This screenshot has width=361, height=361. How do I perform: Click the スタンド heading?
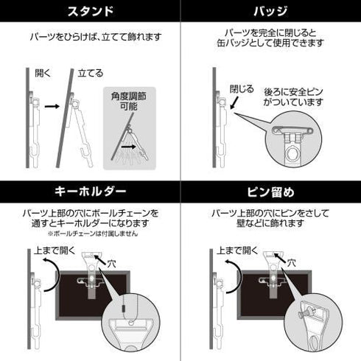coord(89,13)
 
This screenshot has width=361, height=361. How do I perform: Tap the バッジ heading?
coord(270,13)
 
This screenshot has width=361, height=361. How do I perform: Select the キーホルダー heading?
coord(89,192)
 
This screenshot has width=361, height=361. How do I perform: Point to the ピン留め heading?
coord(270,192)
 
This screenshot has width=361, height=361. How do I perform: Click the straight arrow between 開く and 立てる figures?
coord(52,107)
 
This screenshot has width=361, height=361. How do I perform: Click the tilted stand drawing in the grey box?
coord(133,140)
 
